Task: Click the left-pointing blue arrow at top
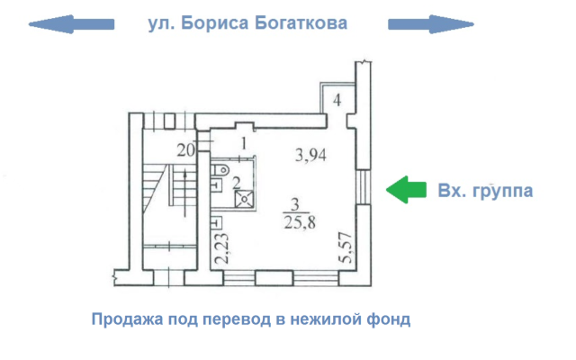click(x=72, y=24)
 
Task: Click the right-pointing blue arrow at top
click(x=431, y=24)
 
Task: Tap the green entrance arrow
click(x=406, y=190)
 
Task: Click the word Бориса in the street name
click(x=214, y=22)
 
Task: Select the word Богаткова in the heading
click(x=301, y=22)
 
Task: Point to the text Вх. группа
click(x=485, y=191)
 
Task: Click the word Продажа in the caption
click(x=128, y=319)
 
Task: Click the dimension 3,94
click(x=310, y=155)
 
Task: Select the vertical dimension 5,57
click(x=346, y=247)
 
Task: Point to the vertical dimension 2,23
click(x=222, y=248)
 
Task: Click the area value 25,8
click(x=300, y=222)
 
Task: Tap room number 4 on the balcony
click(x=337, y=100)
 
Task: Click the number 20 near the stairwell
click(x=186, y=150)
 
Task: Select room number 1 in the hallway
click(x=244, y=144)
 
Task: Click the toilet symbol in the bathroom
click(x=220, y=170)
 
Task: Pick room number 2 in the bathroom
click(x=236, y=183)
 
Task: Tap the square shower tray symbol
click(x=244, y=199)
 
